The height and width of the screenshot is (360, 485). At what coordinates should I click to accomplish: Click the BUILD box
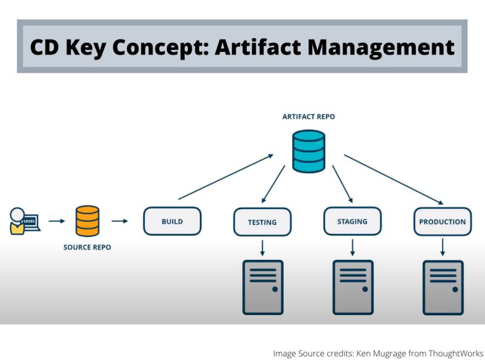[x=172, y=221]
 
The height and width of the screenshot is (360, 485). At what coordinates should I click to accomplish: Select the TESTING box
[x=262, y=222]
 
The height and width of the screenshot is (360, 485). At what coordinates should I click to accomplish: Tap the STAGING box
[x=352, y=221]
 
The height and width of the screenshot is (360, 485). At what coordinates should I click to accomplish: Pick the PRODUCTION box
[x=443, y=222]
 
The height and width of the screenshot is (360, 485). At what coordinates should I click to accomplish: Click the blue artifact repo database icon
[x=308, y=151]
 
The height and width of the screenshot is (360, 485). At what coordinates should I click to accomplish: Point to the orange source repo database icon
[x=87, y=221]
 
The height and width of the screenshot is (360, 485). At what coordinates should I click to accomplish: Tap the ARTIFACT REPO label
[x=308, y=116]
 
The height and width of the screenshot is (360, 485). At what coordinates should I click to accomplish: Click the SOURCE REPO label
[x=87, y=247]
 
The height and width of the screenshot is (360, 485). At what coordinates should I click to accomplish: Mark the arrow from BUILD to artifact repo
[x=226, y=176]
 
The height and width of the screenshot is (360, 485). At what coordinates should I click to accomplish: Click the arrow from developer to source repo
[x=56, y=221]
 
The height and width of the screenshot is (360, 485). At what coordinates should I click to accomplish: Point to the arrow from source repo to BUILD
[x=120, y=221]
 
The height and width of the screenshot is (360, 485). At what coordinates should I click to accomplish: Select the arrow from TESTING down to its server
[x=263, y=247]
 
